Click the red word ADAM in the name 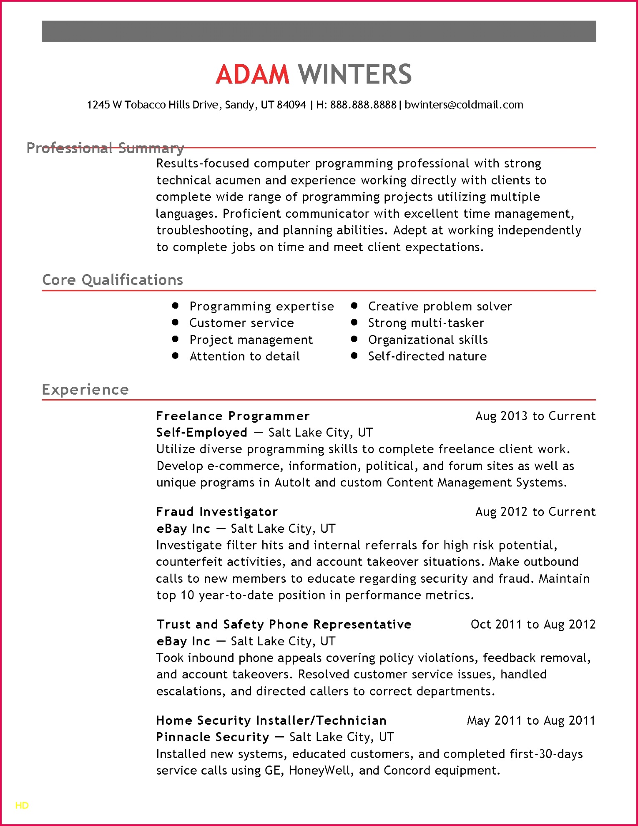[x=252, y=74]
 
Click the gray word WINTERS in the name [x=355, y=74]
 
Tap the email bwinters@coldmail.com [x=464, y=105]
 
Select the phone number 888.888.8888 [x=363, y=105]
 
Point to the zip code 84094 [x=291, y=105]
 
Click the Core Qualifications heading [x=113, y=280]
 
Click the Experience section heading [x=85, y=390]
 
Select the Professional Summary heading [x=105, y=148]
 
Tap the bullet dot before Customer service [x=175, y=322]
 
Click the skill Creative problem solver [x=440, y=306]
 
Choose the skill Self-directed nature [x=427, y=356]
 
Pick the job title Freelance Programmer [x=233, y=416]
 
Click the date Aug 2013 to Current [x=535, y=416]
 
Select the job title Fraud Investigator [x=217, y=512]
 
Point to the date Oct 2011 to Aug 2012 [x=533, y=625]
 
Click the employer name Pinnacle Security [x=213, y=737]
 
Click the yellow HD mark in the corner [x=22, y=806]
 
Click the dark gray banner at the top [x=319, y=31]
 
